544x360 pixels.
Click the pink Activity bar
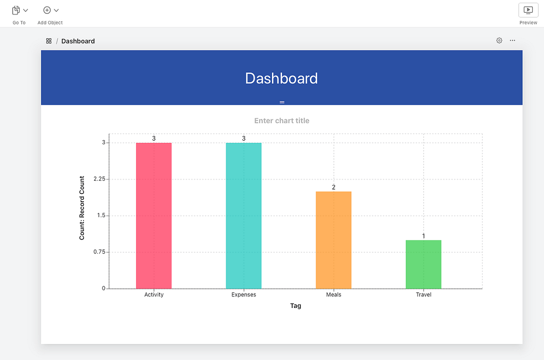coord(154,216)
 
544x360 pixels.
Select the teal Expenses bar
coord(243,216)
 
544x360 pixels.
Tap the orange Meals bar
coord(334,239)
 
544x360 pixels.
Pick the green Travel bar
coord(423,264)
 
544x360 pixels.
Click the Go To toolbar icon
coord(16,11)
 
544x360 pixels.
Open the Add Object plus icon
coord(47,11)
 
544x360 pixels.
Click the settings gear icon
coord(499,40)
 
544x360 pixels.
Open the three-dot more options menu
coord(513,40)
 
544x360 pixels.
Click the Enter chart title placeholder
coord(282,121)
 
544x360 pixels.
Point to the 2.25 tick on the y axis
coord(99,179)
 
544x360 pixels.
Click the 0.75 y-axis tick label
coord(99,252)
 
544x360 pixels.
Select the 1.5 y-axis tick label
coord(101,216)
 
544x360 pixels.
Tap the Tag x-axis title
coord(295,305)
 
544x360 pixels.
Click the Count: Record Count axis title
coord(82,208)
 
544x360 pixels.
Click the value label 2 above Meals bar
coord(334,187)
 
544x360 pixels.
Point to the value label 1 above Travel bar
coord(423,236)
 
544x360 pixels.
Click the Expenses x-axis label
coord(243,295)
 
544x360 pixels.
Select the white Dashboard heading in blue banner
coord(282,79)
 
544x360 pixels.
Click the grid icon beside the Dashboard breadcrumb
coord(49,41)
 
